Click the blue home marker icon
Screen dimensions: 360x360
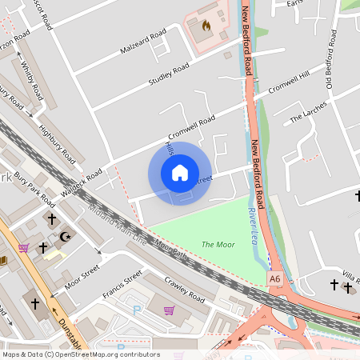[x=180, y=173]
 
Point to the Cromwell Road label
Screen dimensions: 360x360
[x=192, y=128]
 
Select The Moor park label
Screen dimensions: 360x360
[x=217, y=244]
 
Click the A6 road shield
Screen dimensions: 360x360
[x=275, y=278]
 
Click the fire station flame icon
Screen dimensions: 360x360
[x=206, y=26]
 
